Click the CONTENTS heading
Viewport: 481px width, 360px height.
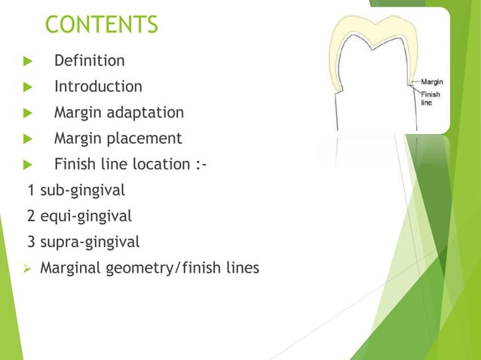tap(102, 24)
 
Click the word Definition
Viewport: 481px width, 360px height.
tap(89, 60)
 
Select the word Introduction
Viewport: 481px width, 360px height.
tap(98, 87)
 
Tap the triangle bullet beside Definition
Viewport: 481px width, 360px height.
tap(28, 61)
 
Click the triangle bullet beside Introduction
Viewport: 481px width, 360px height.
tap(28, 87)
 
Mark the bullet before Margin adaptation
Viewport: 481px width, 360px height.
tap(28, 113)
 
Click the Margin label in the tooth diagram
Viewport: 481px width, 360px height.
tap(431, 81)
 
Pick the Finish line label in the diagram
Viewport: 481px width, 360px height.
tap(430, 98)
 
